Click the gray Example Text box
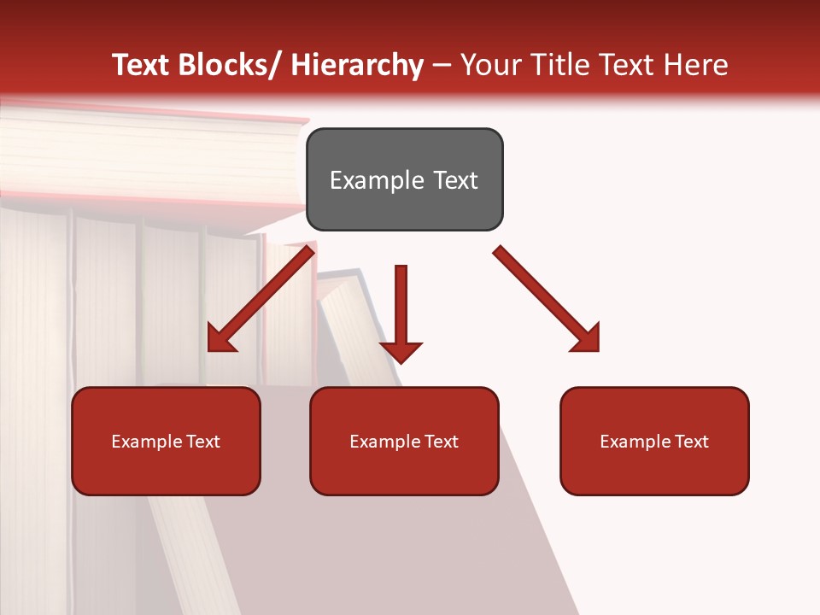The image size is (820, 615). click(404, 179)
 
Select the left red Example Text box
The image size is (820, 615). click(166, 441)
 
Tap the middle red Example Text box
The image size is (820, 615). click(404, 441)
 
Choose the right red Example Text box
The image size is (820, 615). click(654, 441)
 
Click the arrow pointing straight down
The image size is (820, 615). click(401, 312)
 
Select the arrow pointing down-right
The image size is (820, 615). click(547, 299)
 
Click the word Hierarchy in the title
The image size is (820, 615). click(356, 65)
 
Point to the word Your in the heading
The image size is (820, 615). click(489, 65)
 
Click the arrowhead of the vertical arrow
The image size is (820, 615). click(401, 351)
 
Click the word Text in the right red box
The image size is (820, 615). click(691, 441)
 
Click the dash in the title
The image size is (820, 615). click(442, 65)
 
